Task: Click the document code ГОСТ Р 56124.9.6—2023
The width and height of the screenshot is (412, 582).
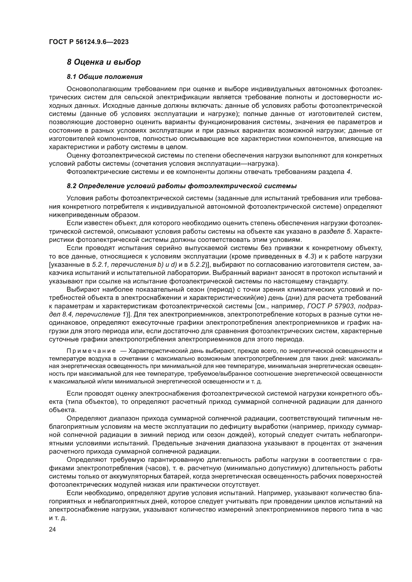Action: coord(88,42)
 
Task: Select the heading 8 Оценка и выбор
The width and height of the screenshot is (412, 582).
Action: coord(104,62)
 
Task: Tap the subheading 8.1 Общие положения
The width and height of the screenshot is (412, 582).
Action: coord(105,77)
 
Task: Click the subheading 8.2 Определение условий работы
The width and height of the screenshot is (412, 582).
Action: coord(182,186)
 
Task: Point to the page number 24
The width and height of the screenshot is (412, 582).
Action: coord(53,529)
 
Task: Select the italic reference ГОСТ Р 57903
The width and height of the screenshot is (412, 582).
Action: coord(330,306)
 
